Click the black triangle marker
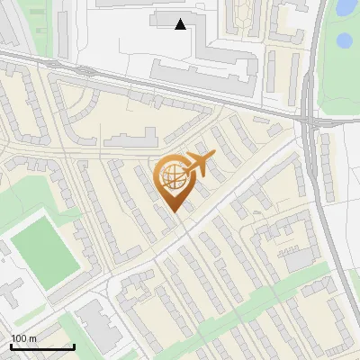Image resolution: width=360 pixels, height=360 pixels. coord(181,24)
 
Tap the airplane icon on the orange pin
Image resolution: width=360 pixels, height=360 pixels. coord(201,164)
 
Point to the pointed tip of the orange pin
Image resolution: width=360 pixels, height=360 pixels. coord(175,213)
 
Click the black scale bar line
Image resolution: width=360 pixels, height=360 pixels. coord(42,346)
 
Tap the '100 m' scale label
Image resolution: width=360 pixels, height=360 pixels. coord(24,338)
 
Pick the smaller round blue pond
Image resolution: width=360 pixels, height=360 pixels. coord(343,40)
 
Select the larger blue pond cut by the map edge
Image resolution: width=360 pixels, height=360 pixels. coord(346,7)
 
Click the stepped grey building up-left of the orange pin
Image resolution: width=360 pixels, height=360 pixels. coord(130,139)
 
